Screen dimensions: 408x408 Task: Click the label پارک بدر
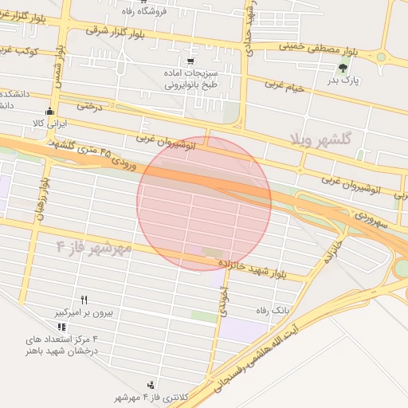tap(343, 80)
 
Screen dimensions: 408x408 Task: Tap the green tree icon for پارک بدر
tap(343, 67)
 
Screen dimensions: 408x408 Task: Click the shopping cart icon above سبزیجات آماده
tap(190, 61)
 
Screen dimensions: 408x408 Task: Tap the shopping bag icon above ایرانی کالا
tap(50, 111)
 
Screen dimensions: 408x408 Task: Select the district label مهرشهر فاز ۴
tap(94, 246)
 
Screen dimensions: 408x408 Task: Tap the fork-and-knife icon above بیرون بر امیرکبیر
tap(84, 300)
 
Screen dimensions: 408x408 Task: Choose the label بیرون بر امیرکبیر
tap(84, 313)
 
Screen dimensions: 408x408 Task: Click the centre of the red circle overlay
tap(204, 204)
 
